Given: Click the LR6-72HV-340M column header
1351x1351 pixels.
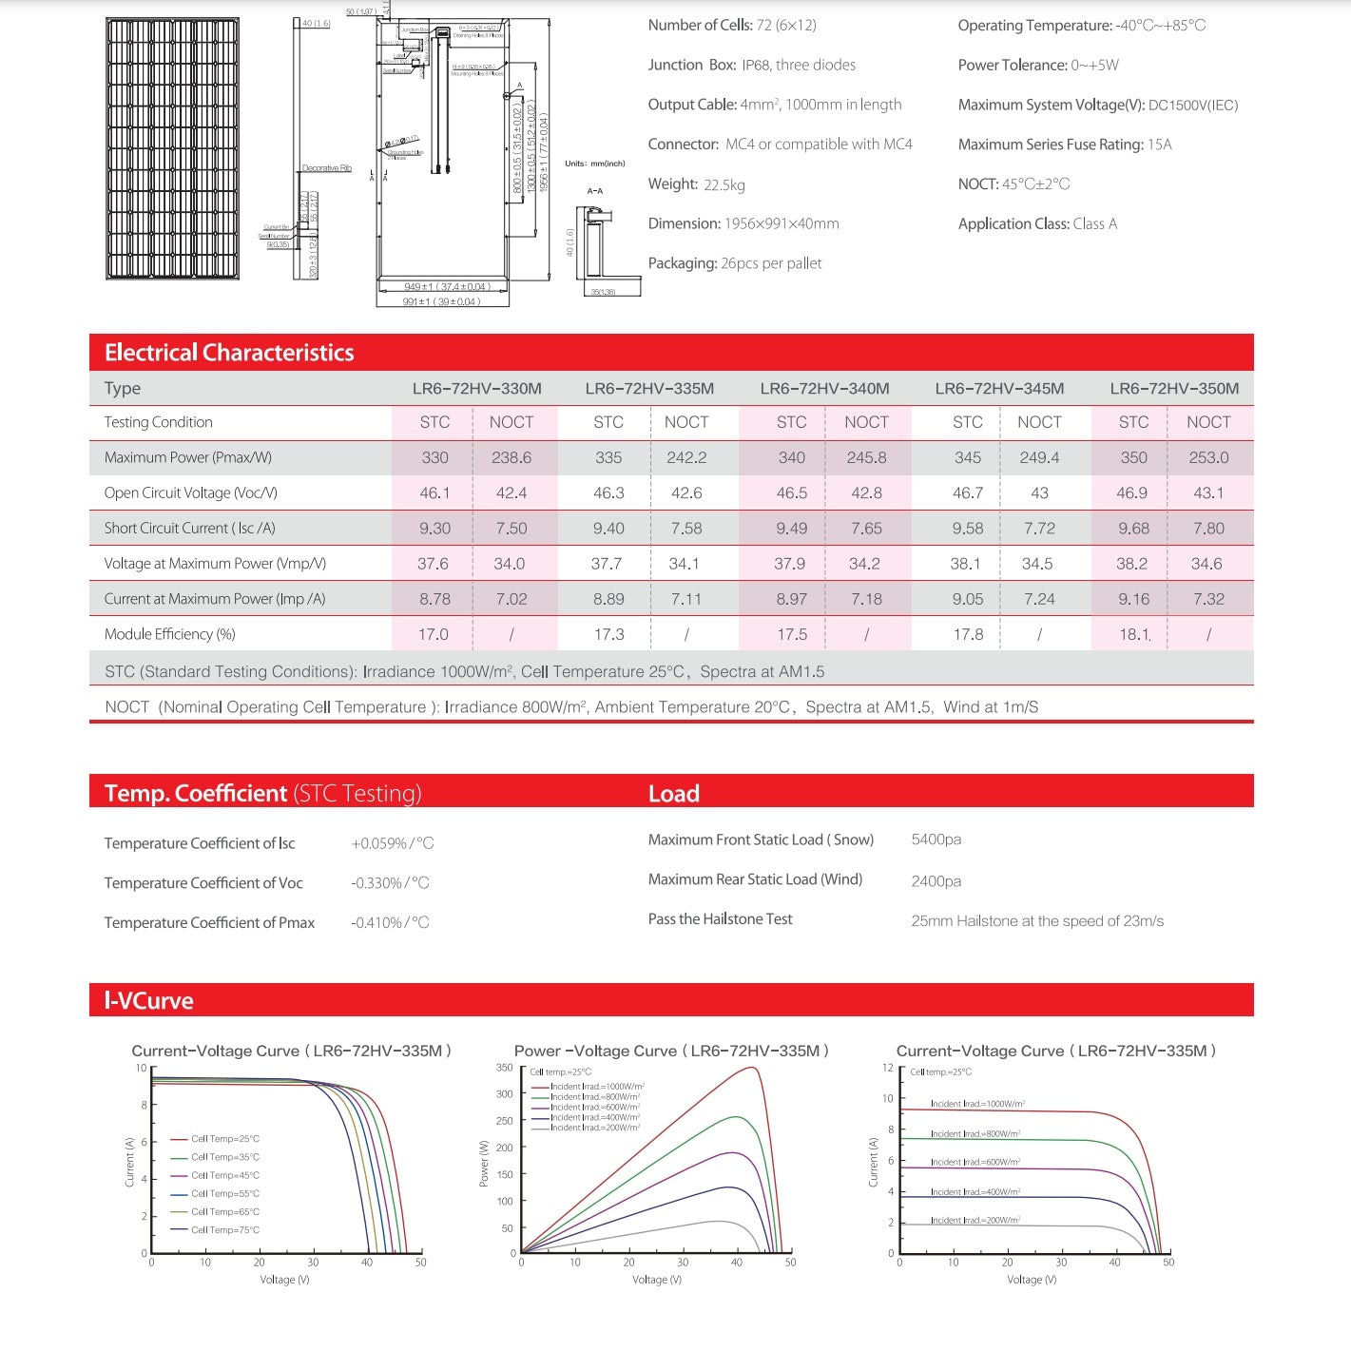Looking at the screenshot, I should [824, 388].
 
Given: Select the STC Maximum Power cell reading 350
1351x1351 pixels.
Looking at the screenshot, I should [1133, 457].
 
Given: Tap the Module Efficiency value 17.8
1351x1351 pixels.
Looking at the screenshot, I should [968, 634].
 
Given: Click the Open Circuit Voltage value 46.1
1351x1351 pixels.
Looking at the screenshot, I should [434, 492].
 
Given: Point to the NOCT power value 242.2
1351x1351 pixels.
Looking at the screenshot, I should [686, 457].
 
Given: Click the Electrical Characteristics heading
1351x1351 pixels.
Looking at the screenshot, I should [229, 353].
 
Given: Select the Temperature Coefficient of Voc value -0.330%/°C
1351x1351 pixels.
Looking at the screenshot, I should [390, 883].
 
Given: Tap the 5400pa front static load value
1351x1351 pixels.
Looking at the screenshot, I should [936, 840].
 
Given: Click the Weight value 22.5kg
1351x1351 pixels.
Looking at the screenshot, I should [724, 184].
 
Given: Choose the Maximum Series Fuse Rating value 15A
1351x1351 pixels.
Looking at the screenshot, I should [1159, 145].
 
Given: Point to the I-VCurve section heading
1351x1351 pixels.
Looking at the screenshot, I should [148, 1000].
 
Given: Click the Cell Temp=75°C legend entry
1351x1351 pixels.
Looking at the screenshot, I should [224, 1230].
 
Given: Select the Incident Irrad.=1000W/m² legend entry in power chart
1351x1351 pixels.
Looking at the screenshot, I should [596, 1086].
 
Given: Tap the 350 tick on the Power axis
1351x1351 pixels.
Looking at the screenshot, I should [504, 1068].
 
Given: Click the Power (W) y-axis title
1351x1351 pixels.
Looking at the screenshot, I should [484, 1163].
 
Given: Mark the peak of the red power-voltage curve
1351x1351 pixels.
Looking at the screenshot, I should [753, 1068].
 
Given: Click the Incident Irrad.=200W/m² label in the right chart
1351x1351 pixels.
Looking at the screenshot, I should [975, 1220].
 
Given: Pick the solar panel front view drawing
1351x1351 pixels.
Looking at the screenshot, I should [172, 148].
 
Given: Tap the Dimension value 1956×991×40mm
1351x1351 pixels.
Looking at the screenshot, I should [782, 224].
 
